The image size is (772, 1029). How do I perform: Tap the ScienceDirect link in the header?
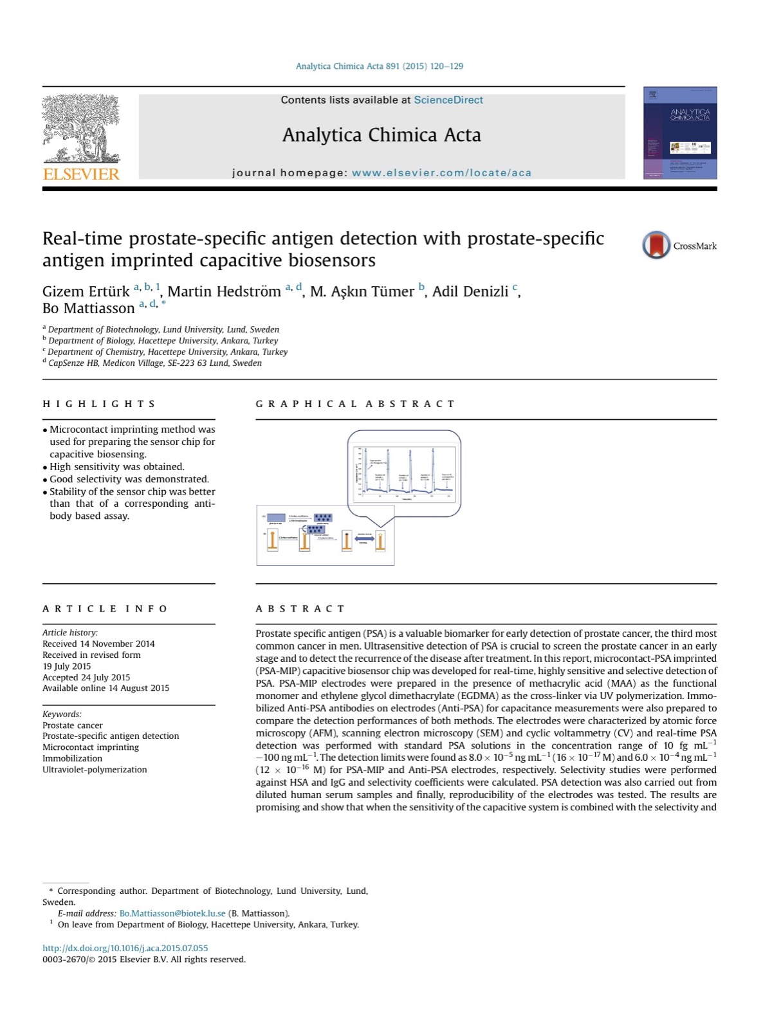click(448, 100)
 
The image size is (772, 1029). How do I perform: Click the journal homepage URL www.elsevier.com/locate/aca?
click(441, 172)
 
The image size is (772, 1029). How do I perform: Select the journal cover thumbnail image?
click(679, 133)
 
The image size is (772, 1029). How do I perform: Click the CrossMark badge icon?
click(656, 245)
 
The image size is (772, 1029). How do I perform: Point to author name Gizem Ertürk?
click(86, 291)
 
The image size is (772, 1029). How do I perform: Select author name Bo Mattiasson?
click(88, 308)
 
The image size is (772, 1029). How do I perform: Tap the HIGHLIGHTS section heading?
click(99, 404)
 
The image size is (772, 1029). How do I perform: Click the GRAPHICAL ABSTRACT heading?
click(355, 404)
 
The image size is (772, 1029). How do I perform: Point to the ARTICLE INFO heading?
click(105, 608)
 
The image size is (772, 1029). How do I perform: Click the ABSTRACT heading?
click(300, 608)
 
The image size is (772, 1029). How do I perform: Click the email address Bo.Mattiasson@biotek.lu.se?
click(172, 913)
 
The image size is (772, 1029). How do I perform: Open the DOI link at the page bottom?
click(125, 948)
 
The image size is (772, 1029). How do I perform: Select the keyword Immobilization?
click(72, 758)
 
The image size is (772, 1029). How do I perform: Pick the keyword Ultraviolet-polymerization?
click(95, 769)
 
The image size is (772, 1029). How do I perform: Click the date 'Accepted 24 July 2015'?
click(86, 677)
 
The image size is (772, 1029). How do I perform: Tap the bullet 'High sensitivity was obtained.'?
click(117, 466)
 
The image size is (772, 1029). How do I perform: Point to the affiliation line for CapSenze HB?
click(154, 363)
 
